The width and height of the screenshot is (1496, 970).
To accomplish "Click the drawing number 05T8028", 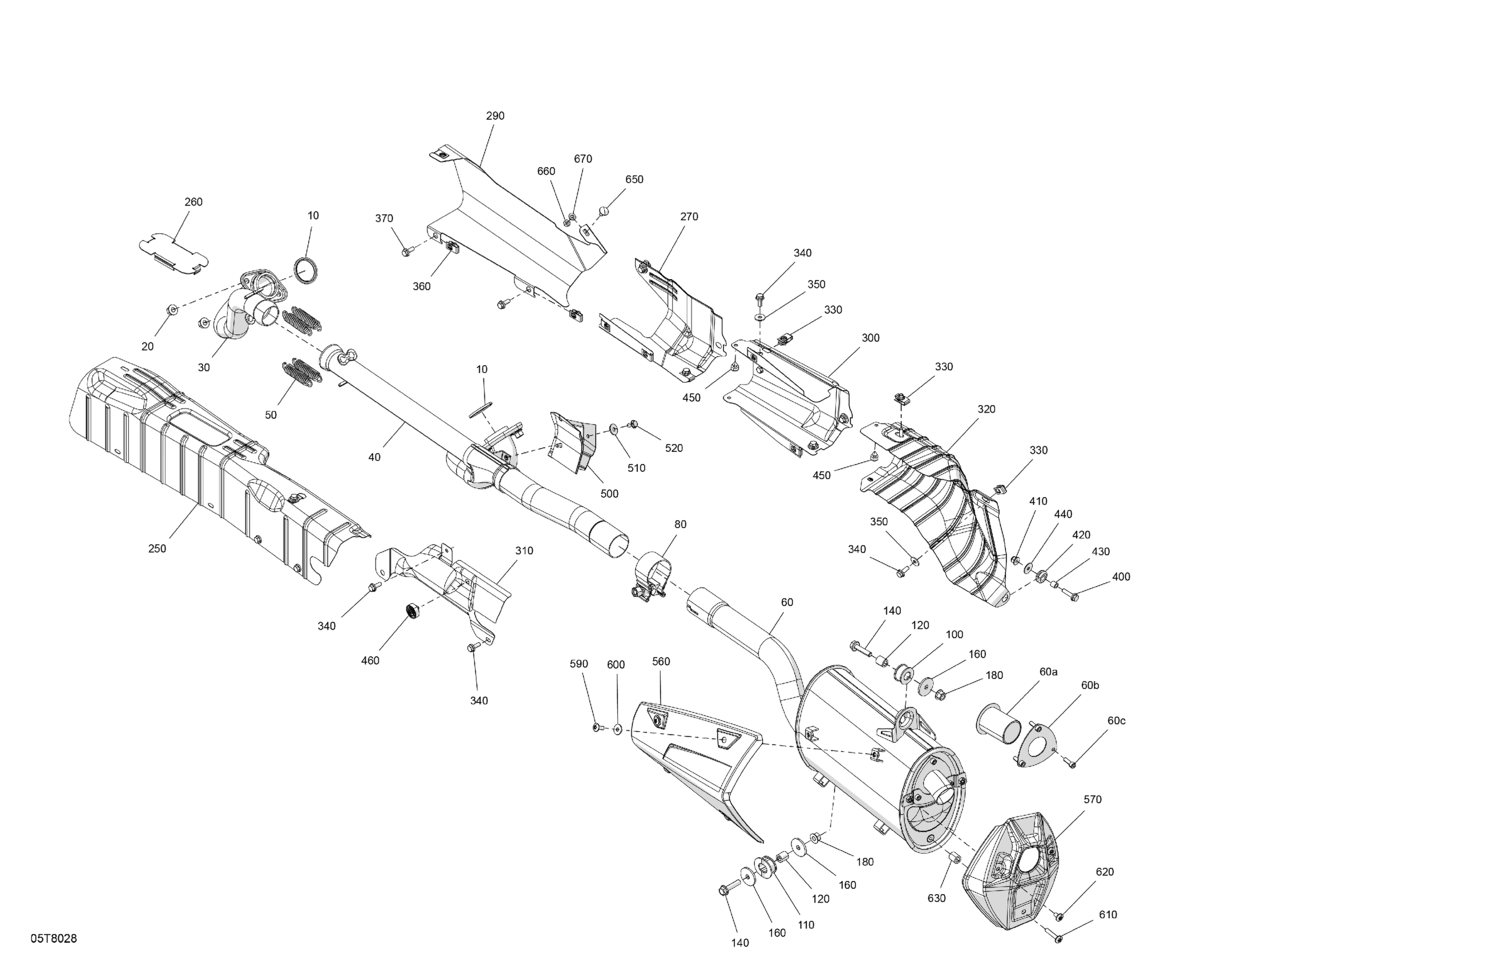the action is click(x=54, y=939).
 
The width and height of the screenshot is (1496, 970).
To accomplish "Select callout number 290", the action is click(x=495, y=116).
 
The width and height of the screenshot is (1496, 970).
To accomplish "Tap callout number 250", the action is click(x=157, y=549).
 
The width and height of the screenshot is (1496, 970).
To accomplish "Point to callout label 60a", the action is click(x=1049, y=672).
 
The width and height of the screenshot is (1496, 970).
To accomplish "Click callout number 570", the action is click(x=1093, y=799).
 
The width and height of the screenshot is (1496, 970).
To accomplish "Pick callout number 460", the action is click(x=370, y=661).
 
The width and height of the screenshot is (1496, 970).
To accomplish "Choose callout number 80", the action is click(x=680, y=524).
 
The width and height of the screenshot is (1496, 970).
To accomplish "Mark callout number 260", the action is click(x=193, y=202).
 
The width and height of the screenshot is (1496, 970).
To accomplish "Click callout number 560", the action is click(x=661, y=661).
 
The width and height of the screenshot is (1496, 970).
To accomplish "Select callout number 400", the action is click(x=1121, y=577).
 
